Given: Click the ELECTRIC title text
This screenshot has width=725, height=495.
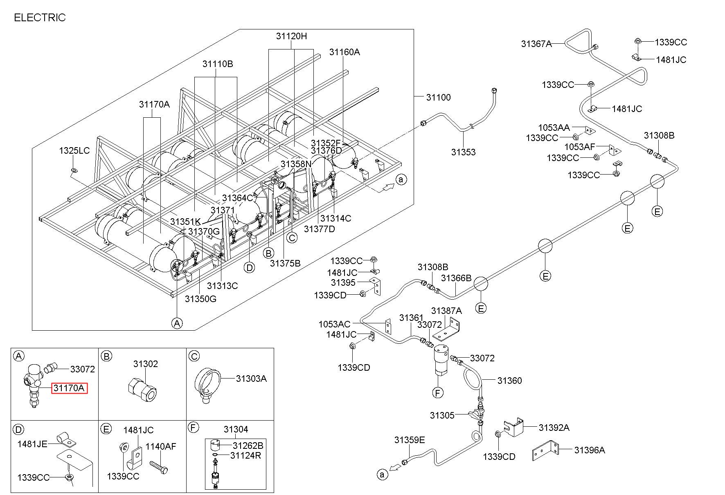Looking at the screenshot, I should tap(40, 18).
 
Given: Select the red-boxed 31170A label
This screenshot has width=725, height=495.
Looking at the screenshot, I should tap(69, 388).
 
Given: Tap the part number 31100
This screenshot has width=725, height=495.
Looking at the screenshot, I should tap(438, 97).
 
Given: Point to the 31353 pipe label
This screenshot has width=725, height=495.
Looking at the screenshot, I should tap(463, 152).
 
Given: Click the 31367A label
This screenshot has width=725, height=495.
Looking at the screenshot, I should tap(536, 44).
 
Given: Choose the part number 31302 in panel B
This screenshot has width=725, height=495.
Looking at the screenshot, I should tap(145, 364).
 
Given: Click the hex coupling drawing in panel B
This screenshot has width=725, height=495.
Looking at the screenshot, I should tap(142, 388).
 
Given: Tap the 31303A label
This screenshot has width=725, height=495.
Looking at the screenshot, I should tap(251, 379).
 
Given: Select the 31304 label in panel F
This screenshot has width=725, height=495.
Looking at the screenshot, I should tap(236, 429).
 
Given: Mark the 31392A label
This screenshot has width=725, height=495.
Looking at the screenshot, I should tap(554, 428).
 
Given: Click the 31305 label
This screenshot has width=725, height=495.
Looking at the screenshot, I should tap(442, 415).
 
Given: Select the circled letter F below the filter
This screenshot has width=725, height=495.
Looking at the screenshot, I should tap(438, 393).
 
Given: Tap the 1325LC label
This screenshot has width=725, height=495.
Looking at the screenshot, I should tap(74, 150).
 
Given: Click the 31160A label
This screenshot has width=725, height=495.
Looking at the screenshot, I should tap(344, 52).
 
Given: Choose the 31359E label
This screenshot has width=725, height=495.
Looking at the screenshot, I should tap(410, 440).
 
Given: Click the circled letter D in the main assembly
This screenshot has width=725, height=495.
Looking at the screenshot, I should tap(249, 268).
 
